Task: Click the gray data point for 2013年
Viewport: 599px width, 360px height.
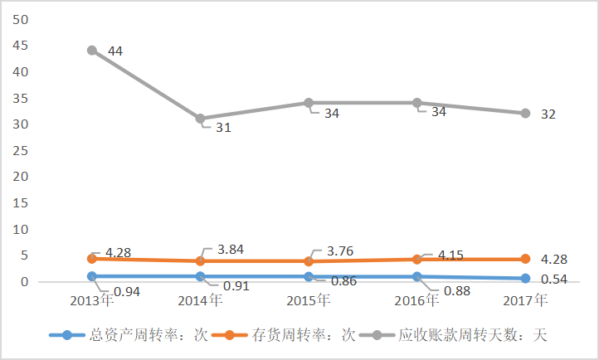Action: coord(92,51)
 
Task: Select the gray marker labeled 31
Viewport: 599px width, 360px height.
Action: coord(200,119)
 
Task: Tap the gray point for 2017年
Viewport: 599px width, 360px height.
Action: coord(525,113)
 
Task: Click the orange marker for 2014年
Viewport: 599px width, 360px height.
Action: coord(200,261)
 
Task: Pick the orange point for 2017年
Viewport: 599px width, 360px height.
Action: coord(525,260)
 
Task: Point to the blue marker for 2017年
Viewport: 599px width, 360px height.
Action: coord(525,279)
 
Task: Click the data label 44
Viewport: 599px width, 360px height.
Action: coord(115,51)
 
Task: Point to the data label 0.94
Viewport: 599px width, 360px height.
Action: coord(126,292)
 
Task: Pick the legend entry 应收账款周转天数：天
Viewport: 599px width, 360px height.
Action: coord(460,335)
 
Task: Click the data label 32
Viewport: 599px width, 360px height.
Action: coord(548,114)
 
